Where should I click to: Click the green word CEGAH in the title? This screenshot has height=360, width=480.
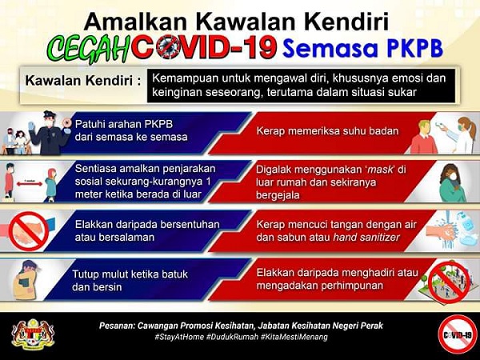(x=89, y=48)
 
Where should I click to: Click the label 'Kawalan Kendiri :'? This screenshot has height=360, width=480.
(x=83, y=81)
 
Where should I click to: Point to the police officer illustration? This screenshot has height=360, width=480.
(x=50, y=133)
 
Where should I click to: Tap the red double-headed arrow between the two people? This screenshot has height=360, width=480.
(x=30, y=184)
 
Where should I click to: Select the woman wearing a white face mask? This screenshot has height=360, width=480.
(x=452, y=182)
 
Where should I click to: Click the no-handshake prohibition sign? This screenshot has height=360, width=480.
(x=29, y=231)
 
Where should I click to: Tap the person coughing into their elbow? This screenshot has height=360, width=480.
(x=27, y=279)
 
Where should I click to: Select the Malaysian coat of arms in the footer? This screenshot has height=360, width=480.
(x=33, y=334)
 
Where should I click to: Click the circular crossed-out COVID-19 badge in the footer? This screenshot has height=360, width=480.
(x=458, y=335)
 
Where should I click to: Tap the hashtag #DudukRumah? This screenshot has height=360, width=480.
(x=230, y=337)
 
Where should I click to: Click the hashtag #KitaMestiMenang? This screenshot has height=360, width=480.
(x=294, y=337)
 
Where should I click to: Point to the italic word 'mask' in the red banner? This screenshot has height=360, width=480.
(x=380, y=170)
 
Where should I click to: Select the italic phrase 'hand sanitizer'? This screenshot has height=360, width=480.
(x=366, y=238)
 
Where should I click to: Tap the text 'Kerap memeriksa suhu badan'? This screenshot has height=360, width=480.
(x=327, y=131)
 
